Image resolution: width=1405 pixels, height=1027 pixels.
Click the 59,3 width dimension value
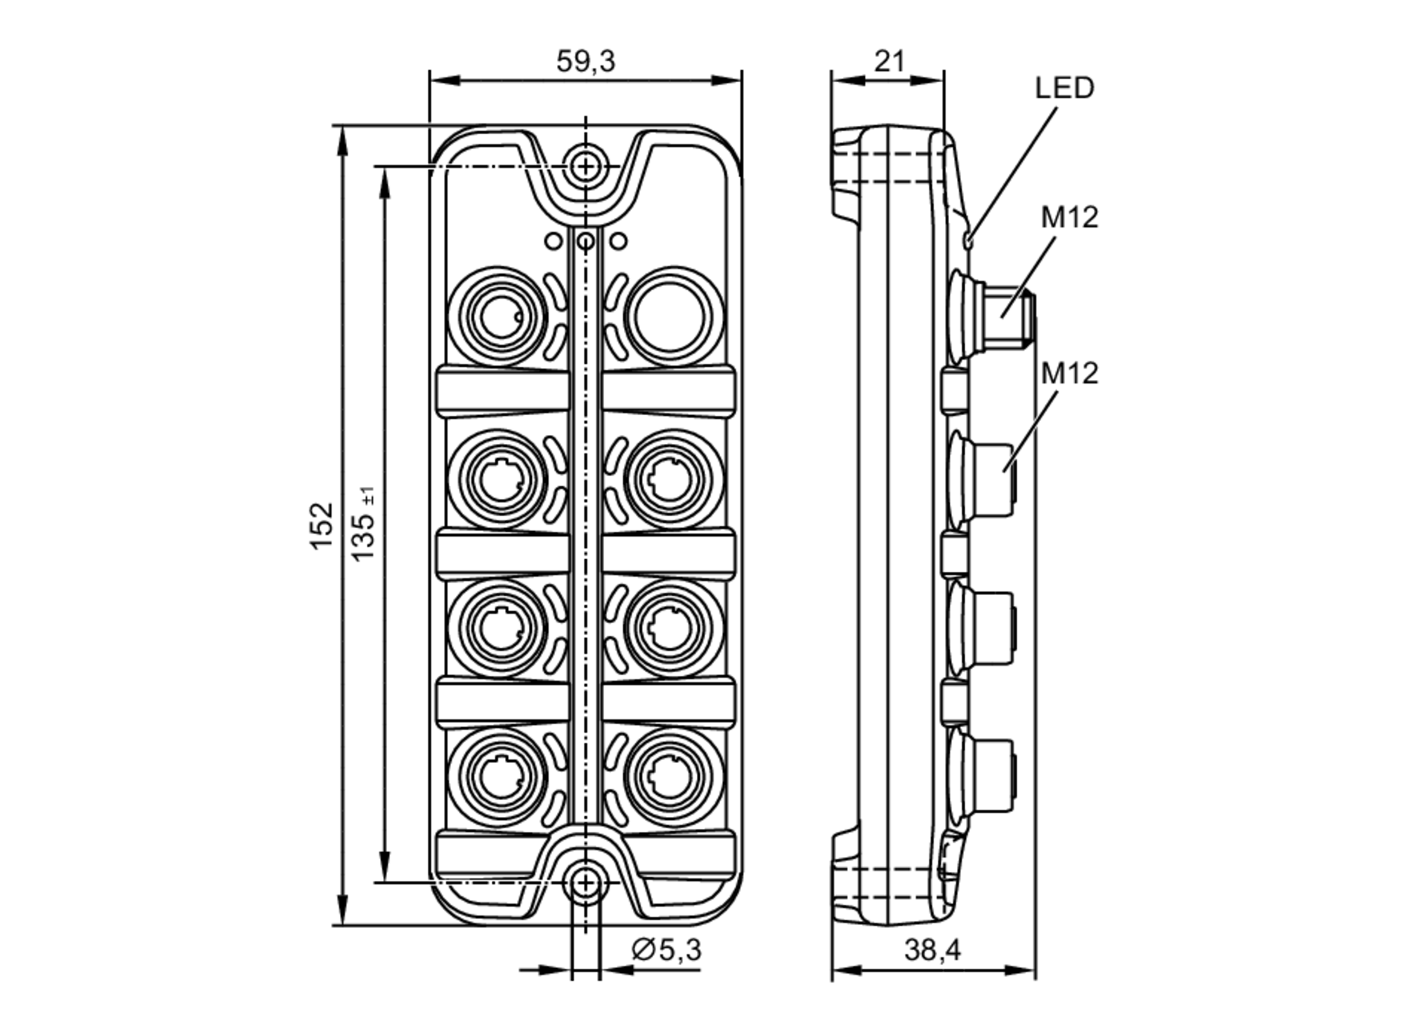585,62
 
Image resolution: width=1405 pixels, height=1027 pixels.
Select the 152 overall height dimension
321,525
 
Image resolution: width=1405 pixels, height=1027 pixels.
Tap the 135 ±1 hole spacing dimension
364,524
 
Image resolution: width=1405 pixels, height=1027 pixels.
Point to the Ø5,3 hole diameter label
666,950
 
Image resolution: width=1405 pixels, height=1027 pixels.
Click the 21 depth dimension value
889,62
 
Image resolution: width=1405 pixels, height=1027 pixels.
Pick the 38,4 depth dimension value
932,950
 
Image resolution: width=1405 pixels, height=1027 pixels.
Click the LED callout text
1064,89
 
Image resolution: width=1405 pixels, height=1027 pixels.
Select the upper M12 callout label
1069,218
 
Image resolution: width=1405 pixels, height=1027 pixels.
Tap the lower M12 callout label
1069,373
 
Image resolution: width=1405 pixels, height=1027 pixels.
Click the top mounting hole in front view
584,167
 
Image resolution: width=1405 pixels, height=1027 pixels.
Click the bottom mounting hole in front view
584,882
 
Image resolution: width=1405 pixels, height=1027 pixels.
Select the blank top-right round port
672,315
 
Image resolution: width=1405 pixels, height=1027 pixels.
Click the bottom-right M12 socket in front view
672,777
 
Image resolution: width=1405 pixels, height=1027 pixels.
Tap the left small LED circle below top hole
554,242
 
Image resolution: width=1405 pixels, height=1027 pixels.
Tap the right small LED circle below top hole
618,242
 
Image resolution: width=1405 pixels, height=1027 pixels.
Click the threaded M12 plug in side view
1008,317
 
